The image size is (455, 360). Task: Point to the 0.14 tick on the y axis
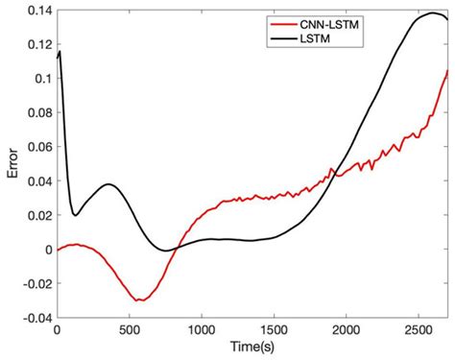pyautogui.click(x=36, y=10)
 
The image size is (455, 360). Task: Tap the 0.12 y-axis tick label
pyautogui.click(x=36, y=45)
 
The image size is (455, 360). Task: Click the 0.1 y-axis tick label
pyautogui.click(x=40, y=79)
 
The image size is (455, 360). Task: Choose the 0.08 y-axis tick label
pyautogui.click(x=36, y=113)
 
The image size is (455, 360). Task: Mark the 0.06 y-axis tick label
pyautogui.click(x=36, y=147)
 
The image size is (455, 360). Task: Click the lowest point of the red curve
pyautogui.click(x=139, y=300)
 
